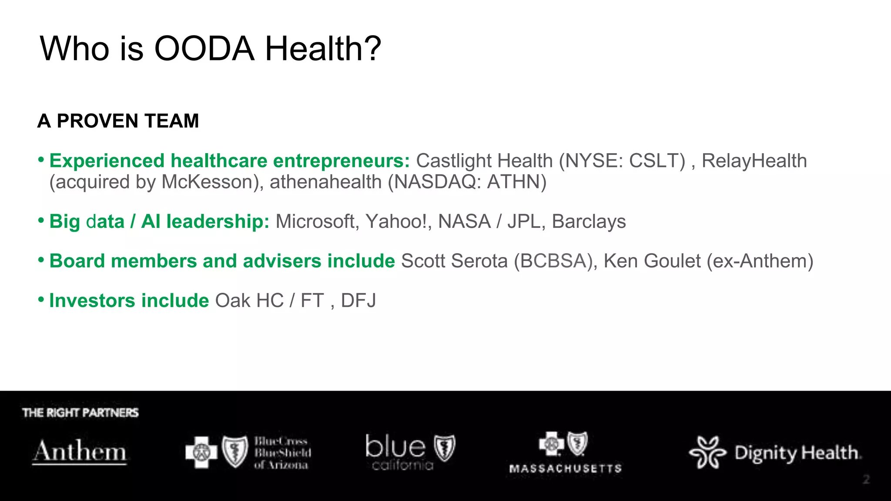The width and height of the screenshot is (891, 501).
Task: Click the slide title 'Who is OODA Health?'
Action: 211,48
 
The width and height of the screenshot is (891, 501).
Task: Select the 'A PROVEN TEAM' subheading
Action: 118,121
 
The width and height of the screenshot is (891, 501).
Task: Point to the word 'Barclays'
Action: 589,221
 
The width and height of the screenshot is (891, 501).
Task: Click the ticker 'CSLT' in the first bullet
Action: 657,161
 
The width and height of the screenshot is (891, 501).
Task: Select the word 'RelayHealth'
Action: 754,161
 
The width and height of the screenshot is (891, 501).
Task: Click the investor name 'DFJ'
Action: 358,301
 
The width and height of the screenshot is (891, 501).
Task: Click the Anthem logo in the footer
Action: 80,451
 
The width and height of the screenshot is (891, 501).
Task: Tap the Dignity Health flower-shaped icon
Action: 707,452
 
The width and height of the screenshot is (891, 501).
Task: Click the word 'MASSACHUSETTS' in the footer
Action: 565,468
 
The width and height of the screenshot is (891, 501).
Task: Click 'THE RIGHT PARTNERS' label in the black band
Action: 80,413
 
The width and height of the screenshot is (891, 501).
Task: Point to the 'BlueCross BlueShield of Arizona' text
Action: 282,453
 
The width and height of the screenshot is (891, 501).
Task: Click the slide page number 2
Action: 866,480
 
